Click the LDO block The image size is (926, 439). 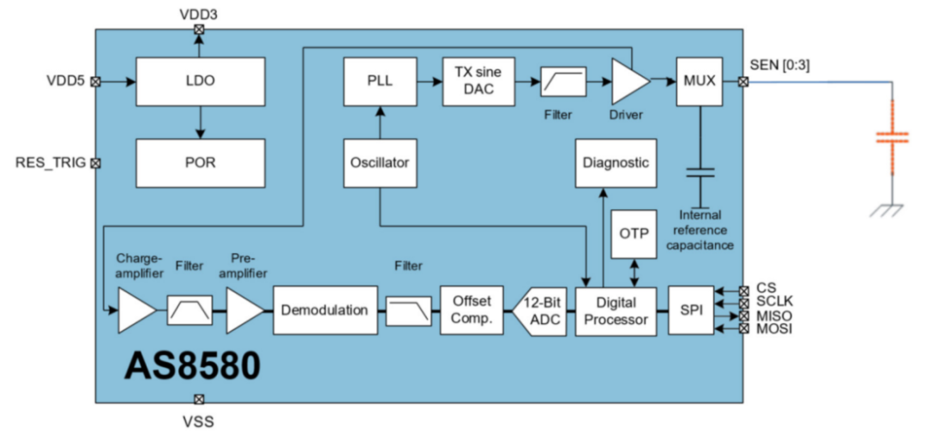click(200, 82)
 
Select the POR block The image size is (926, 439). click(200, 162)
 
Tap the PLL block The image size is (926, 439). click(379, 81)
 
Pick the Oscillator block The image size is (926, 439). click(379, 162)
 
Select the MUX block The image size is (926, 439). click(701, 81)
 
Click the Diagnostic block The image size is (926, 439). click(616, 162)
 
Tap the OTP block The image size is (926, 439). click(634, 232)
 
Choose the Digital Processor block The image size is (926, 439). click(616, 310)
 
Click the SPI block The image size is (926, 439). click(690, 310)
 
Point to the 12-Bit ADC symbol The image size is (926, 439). click(540, 310)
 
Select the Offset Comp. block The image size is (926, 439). click(472, 310)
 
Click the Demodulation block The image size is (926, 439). click(325, 310)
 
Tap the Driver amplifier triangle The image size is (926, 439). click(629, 81)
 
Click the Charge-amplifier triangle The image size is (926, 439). click(135, 310)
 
